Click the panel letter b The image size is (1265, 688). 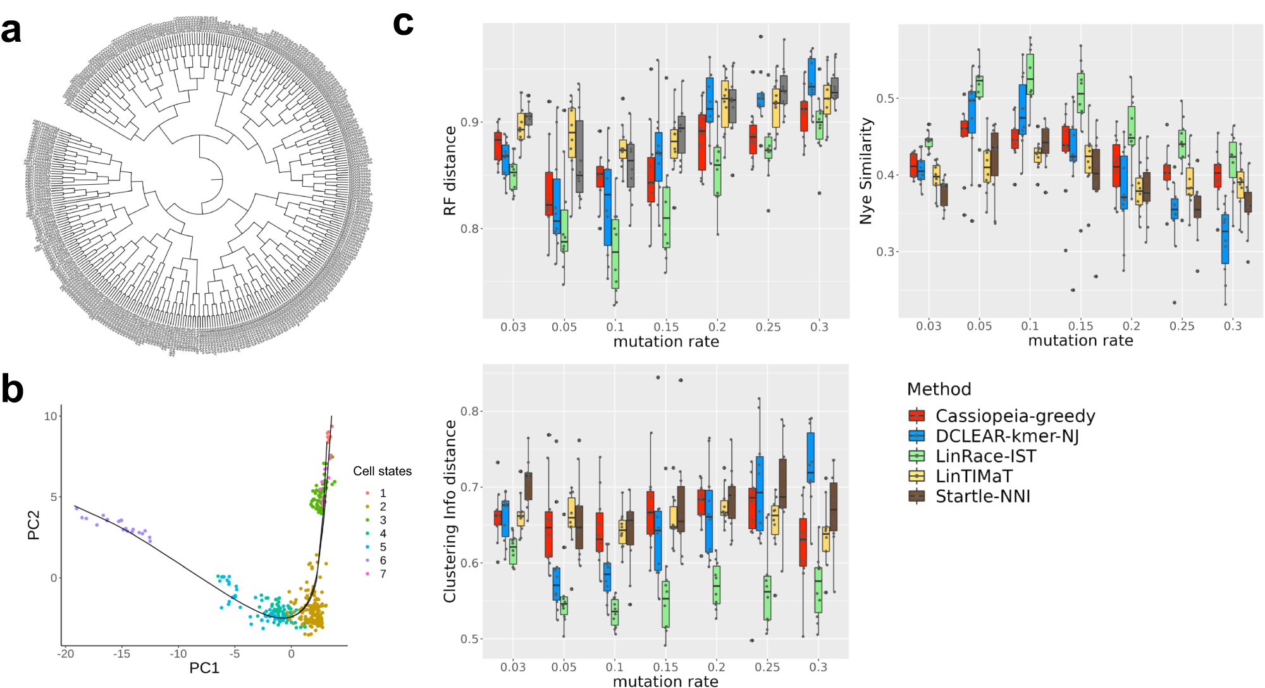pos(12,389)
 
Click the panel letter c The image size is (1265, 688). pos(403,23)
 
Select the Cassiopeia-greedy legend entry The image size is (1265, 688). pos(1015,416)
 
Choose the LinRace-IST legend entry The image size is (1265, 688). pos(985,456)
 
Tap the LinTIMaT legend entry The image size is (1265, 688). pos(973,476)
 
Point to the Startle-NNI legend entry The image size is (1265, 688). pos(982,496)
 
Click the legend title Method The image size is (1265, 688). pos(939,389)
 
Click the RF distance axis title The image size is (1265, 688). pos(450,171)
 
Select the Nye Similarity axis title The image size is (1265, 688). pos(865,171)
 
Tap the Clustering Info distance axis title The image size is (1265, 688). pos(450,511)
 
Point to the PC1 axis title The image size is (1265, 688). pos(204,668)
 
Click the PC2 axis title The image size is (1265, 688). pos(34,525)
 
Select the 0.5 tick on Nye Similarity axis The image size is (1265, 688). pos(885,98)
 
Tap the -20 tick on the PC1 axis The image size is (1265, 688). pos(65,654)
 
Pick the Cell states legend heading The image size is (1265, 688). pos(382,472)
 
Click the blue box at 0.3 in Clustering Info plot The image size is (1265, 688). pos(810,457)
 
